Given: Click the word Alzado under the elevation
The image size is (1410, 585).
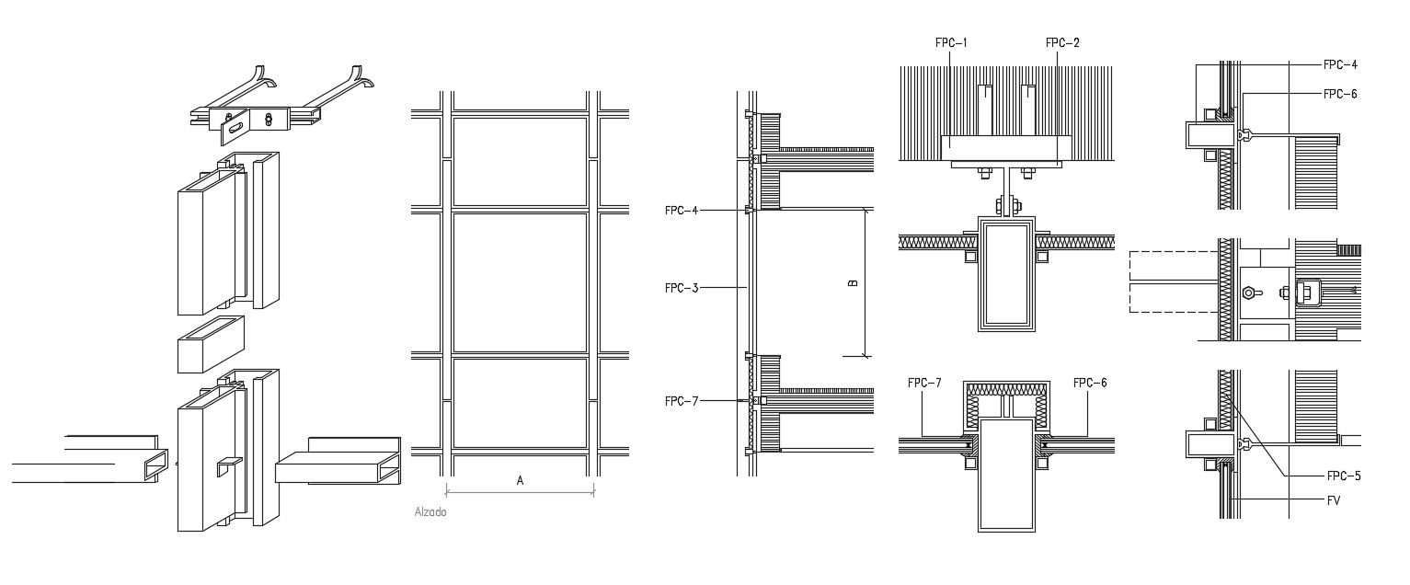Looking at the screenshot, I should pos(430,512).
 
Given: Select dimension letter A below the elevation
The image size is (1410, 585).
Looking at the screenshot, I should pos(520,480).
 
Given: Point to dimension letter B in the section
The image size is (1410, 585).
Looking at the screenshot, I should pos(853,282).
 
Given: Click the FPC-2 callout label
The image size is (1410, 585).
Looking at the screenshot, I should pos(1062,42).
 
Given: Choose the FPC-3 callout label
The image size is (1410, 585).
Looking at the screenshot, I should pos(682,288).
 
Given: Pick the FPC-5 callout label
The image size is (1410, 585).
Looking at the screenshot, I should pos(1343,476).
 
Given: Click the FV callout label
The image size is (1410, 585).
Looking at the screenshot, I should pos(1333,500).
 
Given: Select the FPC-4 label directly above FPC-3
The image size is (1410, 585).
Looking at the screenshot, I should pos(682,211).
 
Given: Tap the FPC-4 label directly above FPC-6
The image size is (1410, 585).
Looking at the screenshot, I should pos(1340,64).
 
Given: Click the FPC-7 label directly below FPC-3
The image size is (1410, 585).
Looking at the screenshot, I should pos(682,401).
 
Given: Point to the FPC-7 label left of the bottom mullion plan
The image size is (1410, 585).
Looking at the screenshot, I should pos(924,383).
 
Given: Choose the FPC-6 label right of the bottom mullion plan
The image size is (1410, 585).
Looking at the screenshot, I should pos(1089,383).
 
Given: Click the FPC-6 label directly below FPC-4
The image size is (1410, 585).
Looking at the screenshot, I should pos(1340,94).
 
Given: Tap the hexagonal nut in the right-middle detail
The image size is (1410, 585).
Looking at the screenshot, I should pos(1248,293).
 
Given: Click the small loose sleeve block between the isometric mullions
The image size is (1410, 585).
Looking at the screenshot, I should pos(211,344).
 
